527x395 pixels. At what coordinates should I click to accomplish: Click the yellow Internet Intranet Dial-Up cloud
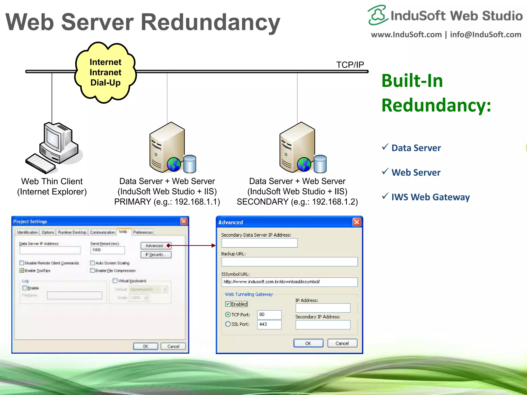coord(106,73)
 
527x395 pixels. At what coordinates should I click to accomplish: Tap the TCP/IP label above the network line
coord(350,65)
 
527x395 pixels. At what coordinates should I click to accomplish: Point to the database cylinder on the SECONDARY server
coord(320,164)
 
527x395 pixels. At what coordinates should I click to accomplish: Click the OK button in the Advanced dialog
coord(308,343)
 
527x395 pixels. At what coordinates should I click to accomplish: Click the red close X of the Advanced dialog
coord(357,222)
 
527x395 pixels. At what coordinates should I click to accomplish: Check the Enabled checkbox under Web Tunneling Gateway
coord(228,304)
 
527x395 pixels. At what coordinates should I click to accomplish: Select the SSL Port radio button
coord(228,324)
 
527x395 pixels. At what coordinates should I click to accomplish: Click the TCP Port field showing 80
coord(269,315)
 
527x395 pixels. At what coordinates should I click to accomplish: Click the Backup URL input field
coord(289,262)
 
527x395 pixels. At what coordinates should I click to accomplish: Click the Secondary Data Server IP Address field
coord(259,243)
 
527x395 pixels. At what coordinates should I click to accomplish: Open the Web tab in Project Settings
coord(123,232)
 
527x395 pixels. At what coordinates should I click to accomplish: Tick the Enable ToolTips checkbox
coord(22,271)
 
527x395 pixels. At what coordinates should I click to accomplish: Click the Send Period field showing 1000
coord(108,250)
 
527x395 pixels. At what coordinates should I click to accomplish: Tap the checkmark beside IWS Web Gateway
coord(385,196)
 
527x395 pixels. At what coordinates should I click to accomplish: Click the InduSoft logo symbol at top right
coord(377,15)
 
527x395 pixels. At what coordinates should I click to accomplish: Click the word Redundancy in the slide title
coord(210,22)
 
